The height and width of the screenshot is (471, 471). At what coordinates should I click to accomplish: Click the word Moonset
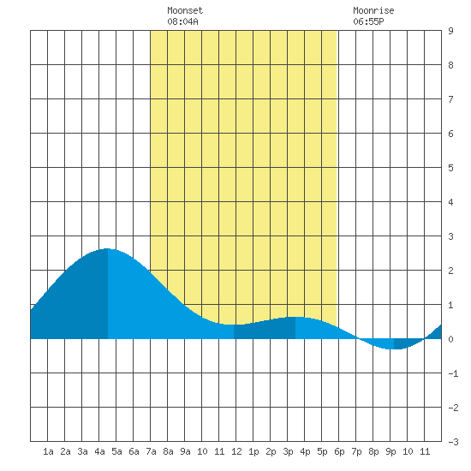tap(185, 10)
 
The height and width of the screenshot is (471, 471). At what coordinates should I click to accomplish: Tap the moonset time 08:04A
tap(182, 21)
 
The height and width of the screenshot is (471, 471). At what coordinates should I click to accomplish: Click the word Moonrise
tap(373, 10)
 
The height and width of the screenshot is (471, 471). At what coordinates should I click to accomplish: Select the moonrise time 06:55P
tap(368, 21)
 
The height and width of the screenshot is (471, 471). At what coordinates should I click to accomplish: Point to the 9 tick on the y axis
tap(450, 31)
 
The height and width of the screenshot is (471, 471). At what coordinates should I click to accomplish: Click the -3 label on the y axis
tap(453, 442)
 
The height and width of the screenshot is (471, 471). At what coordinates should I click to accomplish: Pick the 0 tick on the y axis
tap(450, 339)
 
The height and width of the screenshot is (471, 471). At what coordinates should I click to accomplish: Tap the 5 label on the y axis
tap(450, 168)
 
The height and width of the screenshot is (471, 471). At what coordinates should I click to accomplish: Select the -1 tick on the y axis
tap(453, 373)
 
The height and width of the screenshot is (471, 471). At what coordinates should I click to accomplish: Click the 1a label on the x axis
tap(48, 451)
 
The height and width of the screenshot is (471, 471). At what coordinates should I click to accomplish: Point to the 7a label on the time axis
tap(151, 451)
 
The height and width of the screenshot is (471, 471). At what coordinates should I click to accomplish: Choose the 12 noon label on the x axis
tap(236, 451)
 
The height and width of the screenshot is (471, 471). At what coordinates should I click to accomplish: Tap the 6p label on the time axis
tap(339, 451)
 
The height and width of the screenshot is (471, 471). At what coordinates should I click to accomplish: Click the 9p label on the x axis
tap(391, 451)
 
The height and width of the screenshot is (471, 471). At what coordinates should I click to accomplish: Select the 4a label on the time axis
tap(99, 451)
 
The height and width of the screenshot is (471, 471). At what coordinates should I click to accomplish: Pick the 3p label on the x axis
tap(288, 451)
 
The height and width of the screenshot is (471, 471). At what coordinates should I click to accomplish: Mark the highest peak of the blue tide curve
tap(107, 248)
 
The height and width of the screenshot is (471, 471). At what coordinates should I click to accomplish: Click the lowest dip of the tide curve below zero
tap(391, 349)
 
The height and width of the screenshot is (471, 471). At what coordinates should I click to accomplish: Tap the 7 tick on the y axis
tap(450, 99)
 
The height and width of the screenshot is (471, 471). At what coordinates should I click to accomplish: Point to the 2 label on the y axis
tap(450, 271)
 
